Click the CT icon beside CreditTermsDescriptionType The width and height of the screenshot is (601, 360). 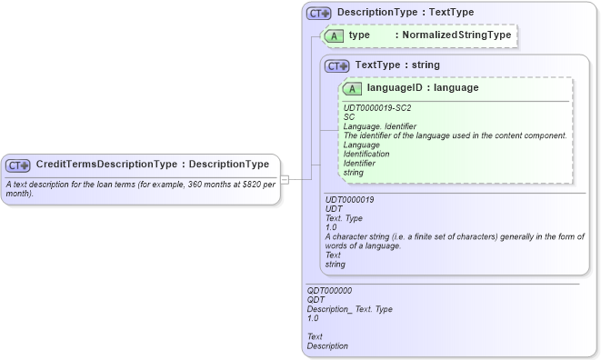tap(18, 165)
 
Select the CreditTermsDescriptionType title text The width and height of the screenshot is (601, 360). tap(152, 165)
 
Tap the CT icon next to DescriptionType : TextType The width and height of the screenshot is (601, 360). tap(318, 14)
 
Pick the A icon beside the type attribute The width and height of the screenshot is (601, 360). tap(334, 35)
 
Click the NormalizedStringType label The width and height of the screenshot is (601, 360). tap(459, 35)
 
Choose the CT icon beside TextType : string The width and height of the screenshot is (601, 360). tap(337, 65)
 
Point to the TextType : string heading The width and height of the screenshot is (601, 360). tap(397, 65)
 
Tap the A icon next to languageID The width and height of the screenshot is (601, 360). tap(353, 88)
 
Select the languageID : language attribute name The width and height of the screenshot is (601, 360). tap(423, 88)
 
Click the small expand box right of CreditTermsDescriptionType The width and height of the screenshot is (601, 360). tap(285, 179)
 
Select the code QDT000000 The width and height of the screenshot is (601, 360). tap(329, 291)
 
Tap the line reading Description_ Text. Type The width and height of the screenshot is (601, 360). tap(350, 309)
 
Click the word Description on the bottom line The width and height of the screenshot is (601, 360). tap(327, 346)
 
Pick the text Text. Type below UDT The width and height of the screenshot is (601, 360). tap(344, 218)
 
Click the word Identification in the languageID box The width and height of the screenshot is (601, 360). tap(366, 154)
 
